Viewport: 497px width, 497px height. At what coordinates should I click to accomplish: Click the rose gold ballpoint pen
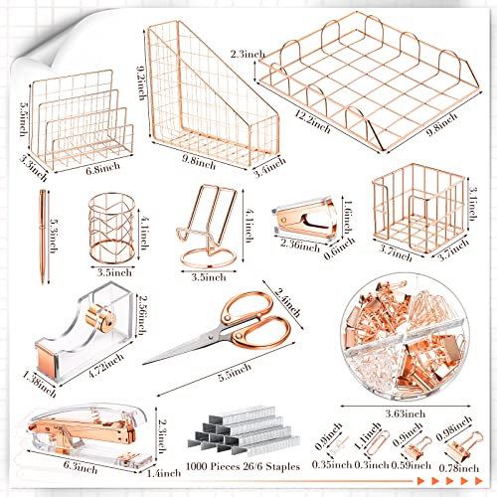coord(43,237)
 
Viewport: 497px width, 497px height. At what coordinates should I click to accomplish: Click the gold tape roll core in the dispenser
coord(100,318)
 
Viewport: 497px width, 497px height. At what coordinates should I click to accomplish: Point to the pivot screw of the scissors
coord(211,337)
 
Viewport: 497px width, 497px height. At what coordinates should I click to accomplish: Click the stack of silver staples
coord(245,429)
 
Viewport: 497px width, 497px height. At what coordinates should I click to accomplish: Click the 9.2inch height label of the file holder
coord(142,83)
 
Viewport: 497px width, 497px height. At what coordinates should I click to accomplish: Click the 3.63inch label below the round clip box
coord(406,414)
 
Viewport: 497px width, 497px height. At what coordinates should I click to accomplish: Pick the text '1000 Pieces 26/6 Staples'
coord(243,466)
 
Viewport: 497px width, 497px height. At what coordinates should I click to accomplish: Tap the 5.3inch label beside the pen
coord(53,236)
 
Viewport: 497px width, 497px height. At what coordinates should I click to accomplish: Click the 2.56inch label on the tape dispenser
coord(142,315)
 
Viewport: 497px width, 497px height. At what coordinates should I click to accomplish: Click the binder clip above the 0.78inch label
coord(464,444)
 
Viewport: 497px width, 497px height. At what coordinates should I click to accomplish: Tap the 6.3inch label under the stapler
coord(81,466)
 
